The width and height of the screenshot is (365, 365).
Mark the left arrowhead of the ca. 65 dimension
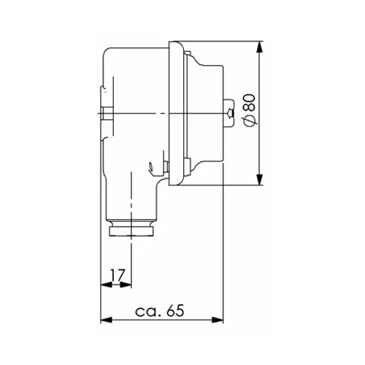104,320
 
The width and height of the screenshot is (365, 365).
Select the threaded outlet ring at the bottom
131,231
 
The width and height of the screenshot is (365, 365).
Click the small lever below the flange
151,169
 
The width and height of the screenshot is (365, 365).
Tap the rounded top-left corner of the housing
109,53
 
